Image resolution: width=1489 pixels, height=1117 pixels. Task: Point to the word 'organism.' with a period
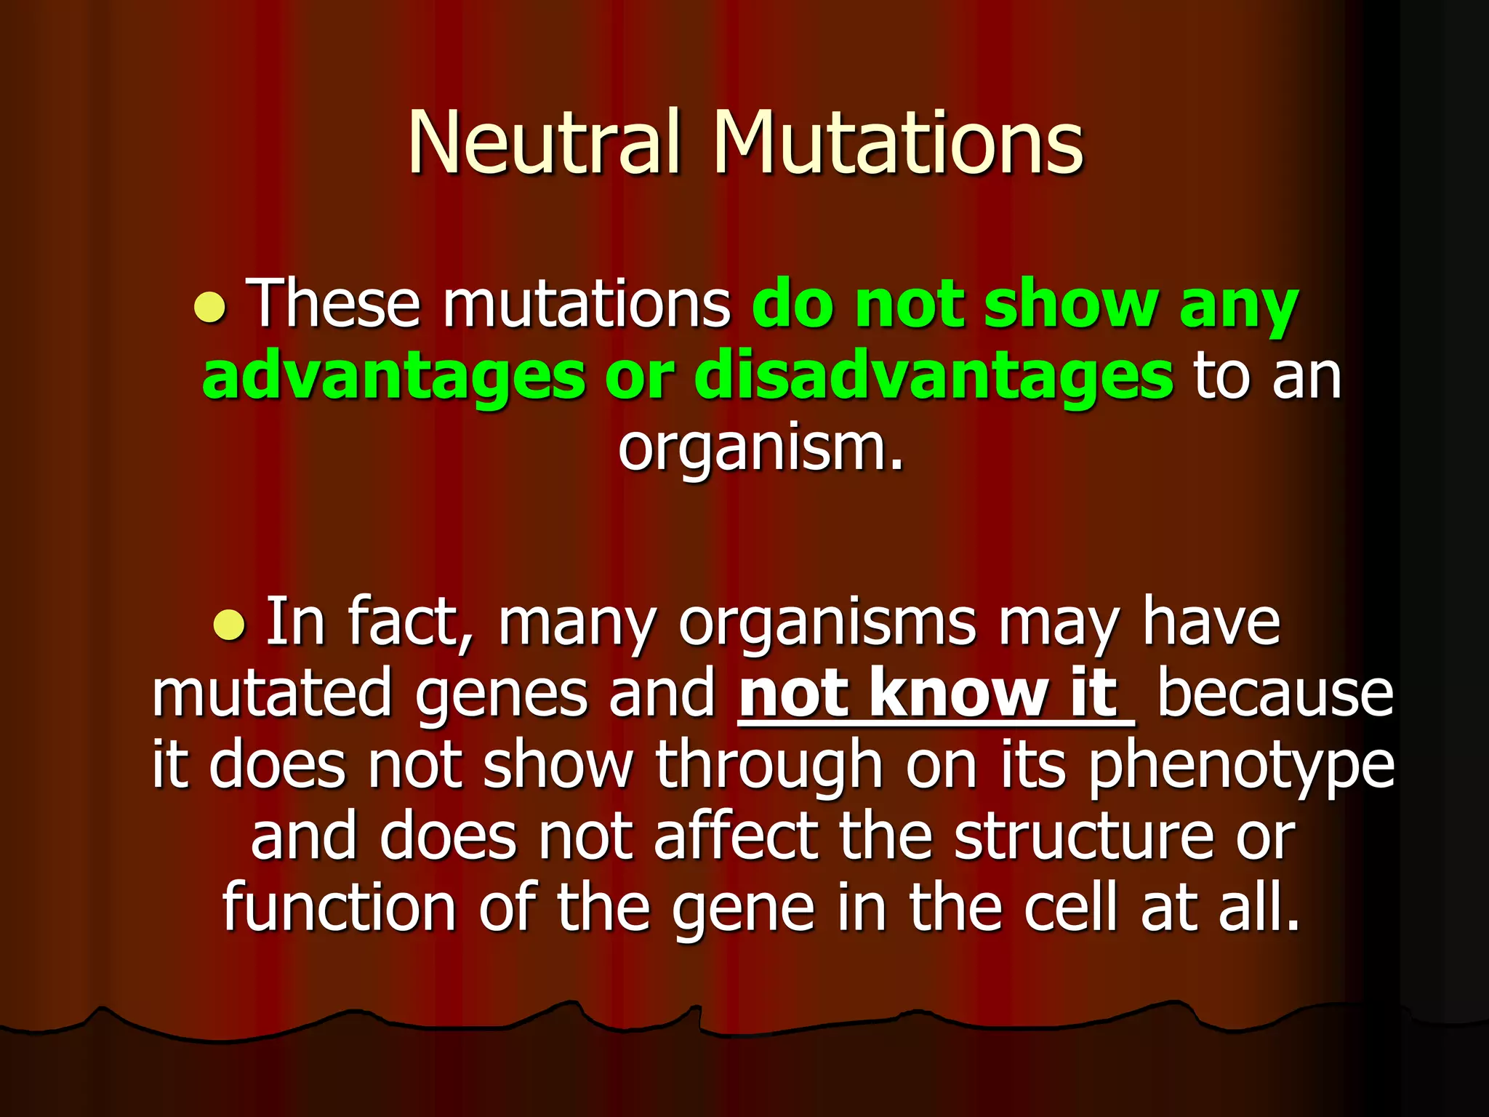coord(760,447)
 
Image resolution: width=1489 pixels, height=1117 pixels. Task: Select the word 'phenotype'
coord(1241,765)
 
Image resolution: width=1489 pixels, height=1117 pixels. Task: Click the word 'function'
coord(339,908)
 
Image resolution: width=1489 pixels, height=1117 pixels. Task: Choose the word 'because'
coord(1275,694)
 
